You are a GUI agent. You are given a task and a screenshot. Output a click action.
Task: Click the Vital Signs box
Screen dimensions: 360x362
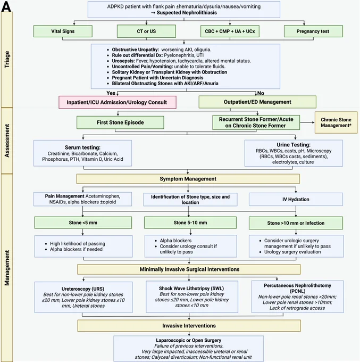[63, 31]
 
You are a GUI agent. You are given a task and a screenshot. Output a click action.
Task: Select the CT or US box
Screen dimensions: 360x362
[146, 31]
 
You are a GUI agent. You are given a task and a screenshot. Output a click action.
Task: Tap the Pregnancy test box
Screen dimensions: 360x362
[313, 31]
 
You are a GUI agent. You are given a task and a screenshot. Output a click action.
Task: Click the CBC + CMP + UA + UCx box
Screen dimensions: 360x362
[230, 31]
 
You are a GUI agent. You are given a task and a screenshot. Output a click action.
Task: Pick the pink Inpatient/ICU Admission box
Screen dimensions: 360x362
[118, 102]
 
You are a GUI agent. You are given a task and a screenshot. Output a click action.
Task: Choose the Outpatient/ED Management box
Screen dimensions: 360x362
[257, 102]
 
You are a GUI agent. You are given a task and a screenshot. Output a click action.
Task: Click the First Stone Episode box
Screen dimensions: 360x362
[120, 122]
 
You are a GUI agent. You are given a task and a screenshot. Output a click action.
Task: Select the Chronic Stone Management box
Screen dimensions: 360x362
[336, 122]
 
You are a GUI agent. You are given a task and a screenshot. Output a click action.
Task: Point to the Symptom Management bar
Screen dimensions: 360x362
[188, 179]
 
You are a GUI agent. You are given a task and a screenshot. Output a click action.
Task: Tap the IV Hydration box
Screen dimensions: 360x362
[296, 199]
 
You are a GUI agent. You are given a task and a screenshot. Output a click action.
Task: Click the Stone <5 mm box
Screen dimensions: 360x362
[83, 223]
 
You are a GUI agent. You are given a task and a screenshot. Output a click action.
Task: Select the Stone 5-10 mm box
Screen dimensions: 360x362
[190, 223]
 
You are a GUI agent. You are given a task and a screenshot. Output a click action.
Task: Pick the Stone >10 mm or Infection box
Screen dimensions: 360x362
[296, 223]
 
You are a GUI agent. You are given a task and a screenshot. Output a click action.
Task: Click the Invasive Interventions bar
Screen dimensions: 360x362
[189, 325]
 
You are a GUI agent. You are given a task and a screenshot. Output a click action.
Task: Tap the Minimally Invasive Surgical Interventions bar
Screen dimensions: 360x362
[189, 269]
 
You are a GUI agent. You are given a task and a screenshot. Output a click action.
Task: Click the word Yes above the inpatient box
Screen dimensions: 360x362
[111, 93]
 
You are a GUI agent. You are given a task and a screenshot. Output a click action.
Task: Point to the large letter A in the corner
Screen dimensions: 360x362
[6, 6]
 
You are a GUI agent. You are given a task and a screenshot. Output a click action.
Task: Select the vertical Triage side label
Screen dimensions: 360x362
[7, 59]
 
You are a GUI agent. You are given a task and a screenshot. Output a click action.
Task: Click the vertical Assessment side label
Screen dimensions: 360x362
[7, 141]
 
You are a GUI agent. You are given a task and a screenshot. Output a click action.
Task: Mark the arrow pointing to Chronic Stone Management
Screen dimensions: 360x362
[307, 122]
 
